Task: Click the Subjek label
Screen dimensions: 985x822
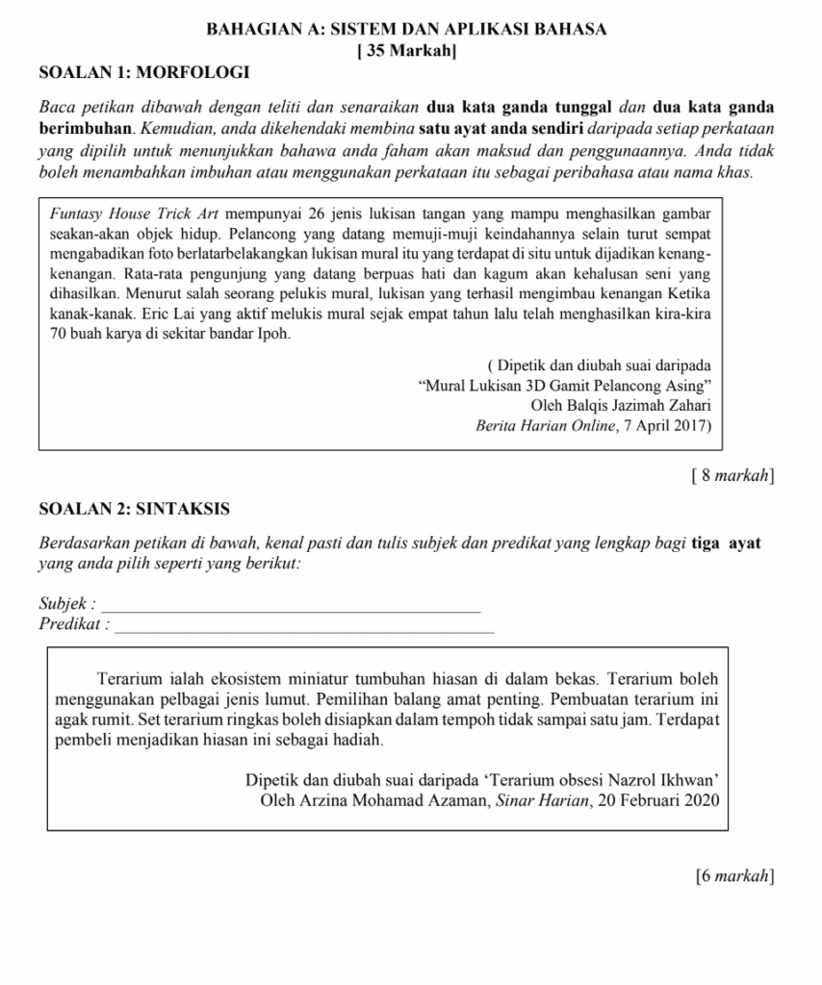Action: pyautogui.click(x=66, y=604)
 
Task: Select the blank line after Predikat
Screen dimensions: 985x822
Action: pyautogui.click(x=304, y=625)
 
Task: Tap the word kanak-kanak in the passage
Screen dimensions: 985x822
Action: pyautogui.click(x=85, y=315)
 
